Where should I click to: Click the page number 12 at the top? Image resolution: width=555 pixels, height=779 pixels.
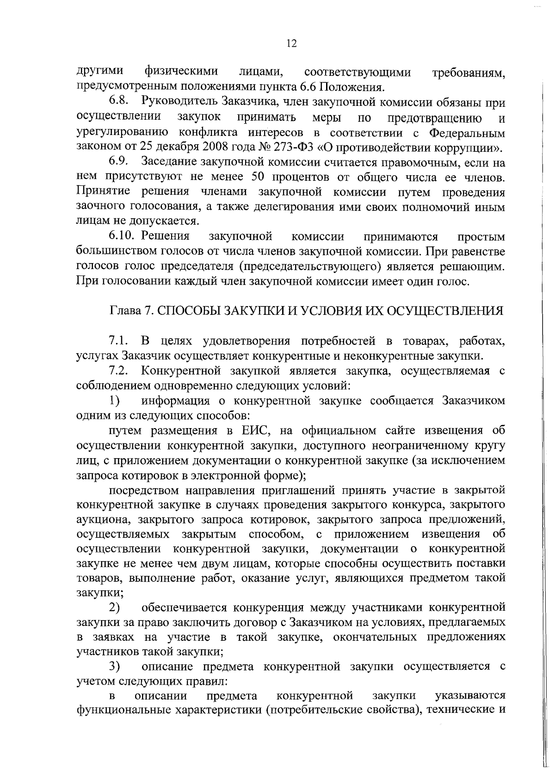[291, 43]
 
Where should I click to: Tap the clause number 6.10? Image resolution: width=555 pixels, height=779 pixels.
[122, 237]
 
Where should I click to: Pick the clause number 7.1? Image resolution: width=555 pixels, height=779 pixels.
[118, 341]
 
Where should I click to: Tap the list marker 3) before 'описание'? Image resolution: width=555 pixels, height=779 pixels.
[115, 666]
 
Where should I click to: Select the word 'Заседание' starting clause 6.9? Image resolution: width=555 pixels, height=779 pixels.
[169, 162]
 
